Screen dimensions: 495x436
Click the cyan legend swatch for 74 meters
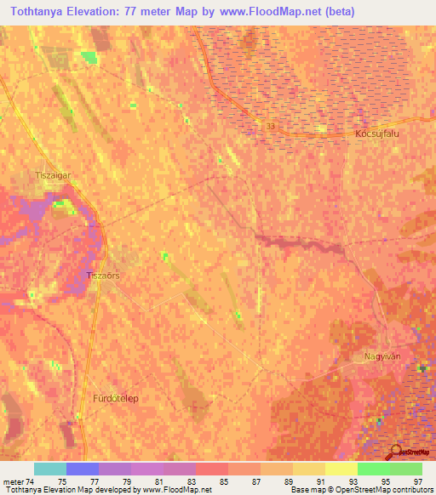click(x=49, y=469)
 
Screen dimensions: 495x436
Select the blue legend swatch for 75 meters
click(x=82, y=469)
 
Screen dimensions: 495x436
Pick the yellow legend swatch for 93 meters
click(x=341, y=469)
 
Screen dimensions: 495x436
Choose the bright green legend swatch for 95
click(x=373, y=469)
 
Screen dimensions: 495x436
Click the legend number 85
click(x=224, y=481)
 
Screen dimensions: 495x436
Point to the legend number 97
click(x=418, y=481)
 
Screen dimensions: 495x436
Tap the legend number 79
click(x=126, y=481)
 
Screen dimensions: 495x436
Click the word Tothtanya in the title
click(x=41, y=11)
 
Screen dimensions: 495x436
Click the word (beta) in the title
click(x=337, y=11)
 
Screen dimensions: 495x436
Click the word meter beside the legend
click(x=14, y=481)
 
